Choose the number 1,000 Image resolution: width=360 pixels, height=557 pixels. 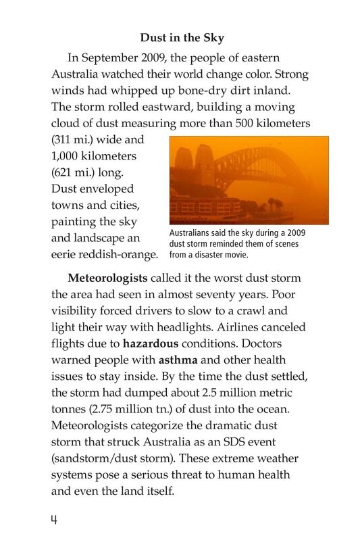pyautogui.click(x=68, y=156)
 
